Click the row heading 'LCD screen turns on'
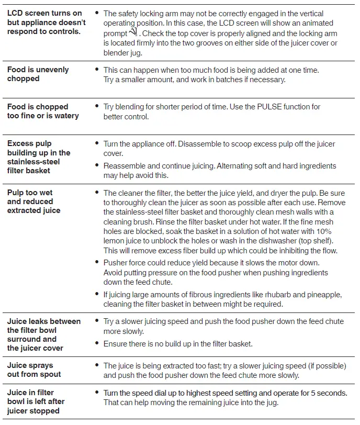pos(44,13)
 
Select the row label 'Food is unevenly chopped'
pos(38,74)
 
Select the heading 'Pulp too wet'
pos(30,192)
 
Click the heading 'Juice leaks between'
pos(44,321)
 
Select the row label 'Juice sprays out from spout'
pos(34,370)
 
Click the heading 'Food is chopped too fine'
pos(43,111)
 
